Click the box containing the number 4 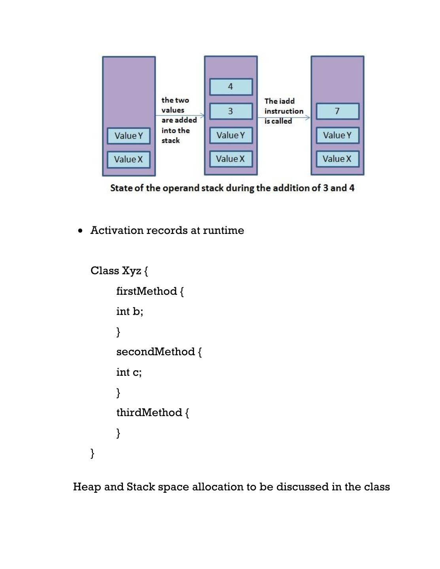click(x=231, y=87)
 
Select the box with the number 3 click(x=231, y=111)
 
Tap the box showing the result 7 click(x=337, y=111)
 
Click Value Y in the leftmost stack click(x=128, y=136)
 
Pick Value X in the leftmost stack click(x=128, y=160)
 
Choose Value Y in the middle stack click(x=231, y=136)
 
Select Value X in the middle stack click(x=230, y=159)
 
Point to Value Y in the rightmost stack click(x=337, y=136)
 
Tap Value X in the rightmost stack click(x=337, y=159)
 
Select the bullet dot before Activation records click(x=81, y=231)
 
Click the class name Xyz click(x=131, y=271)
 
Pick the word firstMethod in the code click(x=146, y=291)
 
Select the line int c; click(x=129, y=372)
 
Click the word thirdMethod click(x=149, y=413)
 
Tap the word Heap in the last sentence click(x=87, y=487)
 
